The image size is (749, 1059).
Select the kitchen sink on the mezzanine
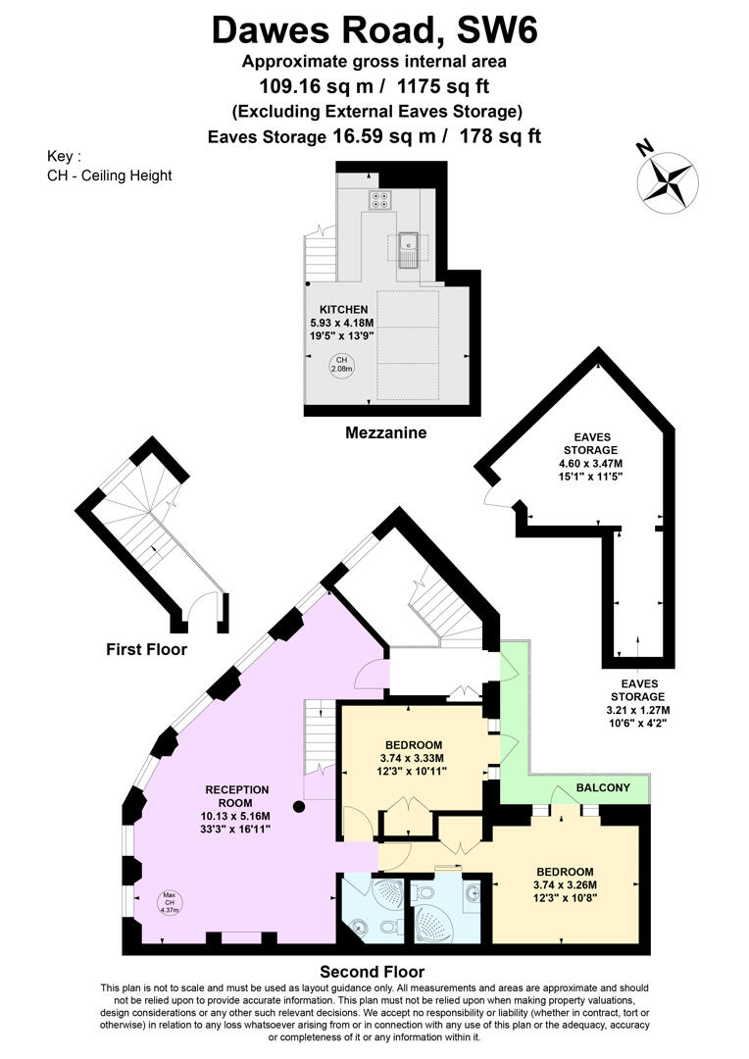(409, 250)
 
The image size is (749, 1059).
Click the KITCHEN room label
(344, 309)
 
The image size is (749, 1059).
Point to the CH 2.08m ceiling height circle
(342, 366)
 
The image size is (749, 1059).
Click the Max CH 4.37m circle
(170, 903)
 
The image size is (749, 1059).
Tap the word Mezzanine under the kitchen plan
(385, 433)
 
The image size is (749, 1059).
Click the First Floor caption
(146, 650)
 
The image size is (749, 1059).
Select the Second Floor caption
(373, 972)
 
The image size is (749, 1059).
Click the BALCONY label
(603, 787)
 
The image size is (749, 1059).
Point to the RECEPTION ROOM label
(237, 796)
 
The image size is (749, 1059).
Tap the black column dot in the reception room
(299, 806)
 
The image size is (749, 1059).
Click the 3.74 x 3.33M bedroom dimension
(412, 758)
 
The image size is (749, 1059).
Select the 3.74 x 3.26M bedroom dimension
(566, 884)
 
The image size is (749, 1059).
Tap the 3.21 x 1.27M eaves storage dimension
(638, 710)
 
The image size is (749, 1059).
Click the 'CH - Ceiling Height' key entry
(110, 176)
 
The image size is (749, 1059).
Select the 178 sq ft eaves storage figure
(500, 136)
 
